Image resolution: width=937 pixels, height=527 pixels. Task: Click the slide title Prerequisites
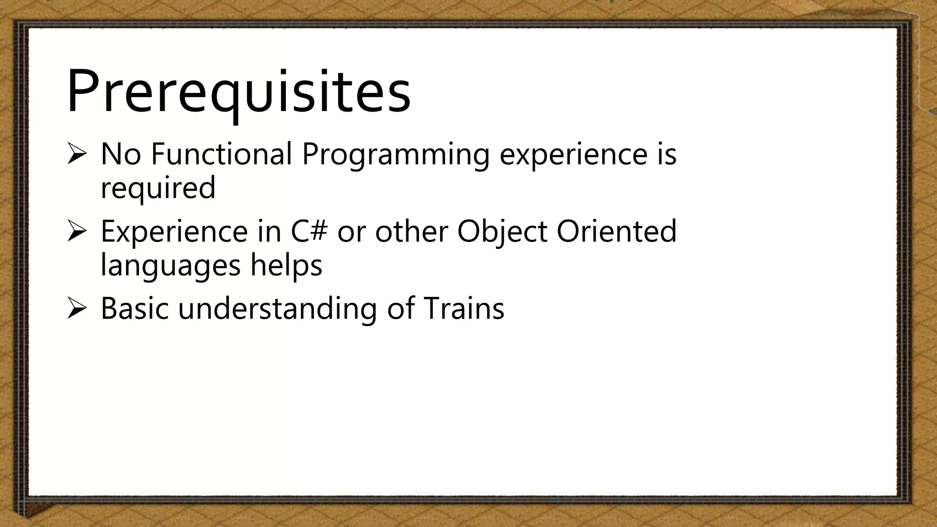click(238, 91)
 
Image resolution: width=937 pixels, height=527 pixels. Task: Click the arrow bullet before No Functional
click(76, 154)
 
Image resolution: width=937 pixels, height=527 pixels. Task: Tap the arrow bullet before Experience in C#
click(76, 231)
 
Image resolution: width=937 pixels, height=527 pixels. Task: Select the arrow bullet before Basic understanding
click(76, 308)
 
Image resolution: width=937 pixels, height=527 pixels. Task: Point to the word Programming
click(395, 156)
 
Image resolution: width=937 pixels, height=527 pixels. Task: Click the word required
click(158, 188)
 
